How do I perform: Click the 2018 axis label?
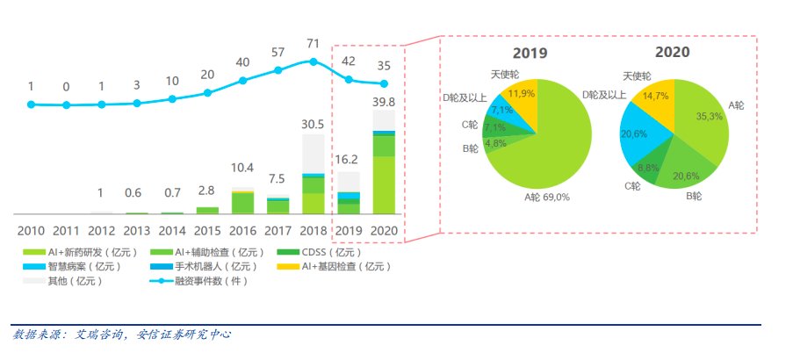314,230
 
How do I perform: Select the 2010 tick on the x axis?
31,230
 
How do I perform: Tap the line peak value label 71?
314,42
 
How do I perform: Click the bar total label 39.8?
385,103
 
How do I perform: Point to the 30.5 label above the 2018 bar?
314,124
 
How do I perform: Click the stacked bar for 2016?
243,202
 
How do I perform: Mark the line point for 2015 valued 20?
208,92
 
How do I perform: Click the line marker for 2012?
101,104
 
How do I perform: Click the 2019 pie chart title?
530,53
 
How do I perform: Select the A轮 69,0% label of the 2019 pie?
546,198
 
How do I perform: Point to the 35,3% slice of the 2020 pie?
703,123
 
